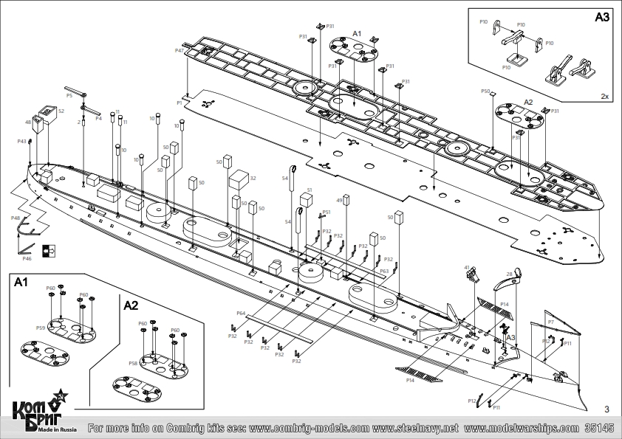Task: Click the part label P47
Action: (x=180, y=51)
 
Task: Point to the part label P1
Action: (x=180, y=103)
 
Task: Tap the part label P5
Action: (x=69, y=95)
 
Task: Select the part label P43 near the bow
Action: (x=21, y=141)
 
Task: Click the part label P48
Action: (x=16, y=218)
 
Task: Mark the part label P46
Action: (x=27, y=259)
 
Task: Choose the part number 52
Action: (x=61, y=111)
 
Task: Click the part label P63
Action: (x=384, y=272)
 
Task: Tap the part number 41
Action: (x=467, y=267)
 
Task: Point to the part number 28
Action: (x=509, y=274)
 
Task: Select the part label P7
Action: (x=550, y=322)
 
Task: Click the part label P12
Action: (x=471, y=401)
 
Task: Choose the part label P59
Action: (x=41, y=328)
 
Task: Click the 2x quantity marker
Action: (x=604, y=97)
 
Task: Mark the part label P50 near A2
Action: (x=485, y=91)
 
